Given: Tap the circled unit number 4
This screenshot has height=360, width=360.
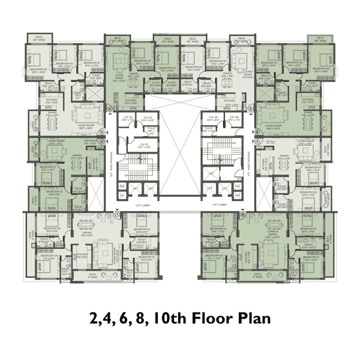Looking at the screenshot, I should pyautogui.click(x=110, y=109).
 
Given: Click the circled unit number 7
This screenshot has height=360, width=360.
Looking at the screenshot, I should pyautogui.click(x=257, y=142).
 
